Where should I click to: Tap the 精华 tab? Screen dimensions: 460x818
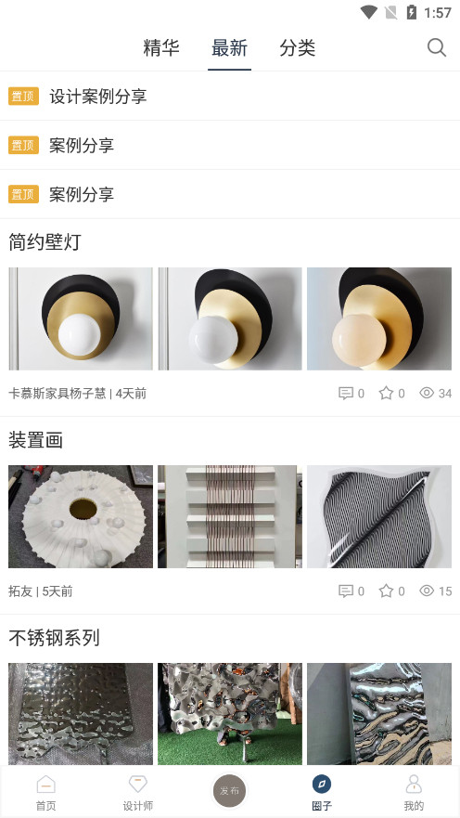161,48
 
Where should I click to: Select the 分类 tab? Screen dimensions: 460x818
298,48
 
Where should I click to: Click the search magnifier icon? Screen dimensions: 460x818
437,47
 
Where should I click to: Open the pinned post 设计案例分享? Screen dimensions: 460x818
98,97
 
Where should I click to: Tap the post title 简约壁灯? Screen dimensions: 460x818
45,242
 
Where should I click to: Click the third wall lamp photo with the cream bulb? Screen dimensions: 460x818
379,318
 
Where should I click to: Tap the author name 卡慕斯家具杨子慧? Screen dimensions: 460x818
57,394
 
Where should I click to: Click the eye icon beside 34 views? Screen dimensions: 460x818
427,393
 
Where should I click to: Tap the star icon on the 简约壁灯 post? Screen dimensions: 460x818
386,393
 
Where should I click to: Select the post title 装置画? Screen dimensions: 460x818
35,440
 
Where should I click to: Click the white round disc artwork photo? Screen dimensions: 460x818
81,516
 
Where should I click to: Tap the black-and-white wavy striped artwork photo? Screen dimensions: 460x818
379,516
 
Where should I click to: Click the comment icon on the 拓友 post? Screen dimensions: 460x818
346,591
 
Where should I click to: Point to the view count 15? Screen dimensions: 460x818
445,591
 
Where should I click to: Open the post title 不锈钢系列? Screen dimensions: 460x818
54,638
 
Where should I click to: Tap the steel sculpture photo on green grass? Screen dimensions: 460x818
230,714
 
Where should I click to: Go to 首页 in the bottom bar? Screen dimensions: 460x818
45,793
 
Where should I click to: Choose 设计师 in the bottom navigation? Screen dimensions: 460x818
138,793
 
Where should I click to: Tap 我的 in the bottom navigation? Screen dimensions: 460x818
414,793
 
